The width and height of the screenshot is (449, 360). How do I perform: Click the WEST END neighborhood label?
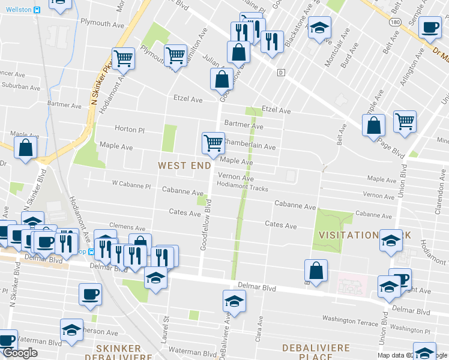click(x=184, y=165)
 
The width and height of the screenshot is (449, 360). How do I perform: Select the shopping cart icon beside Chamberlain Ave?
click(x=212, y=143)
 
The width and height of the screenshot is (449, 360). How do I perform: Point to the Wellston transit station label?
click(x=19, y=10)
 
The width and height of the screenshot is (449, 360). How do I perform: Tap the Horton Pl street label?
click(x=130, y=129)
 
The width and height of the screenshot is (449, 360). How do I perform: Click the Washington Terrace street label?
click(x=348, y=320)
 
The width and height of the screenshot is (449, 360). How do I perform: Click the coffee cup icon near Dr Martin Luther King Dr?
click(x=430, y=27)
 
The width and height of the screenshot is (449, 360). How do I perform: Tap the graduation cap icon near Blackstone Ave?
click(x=319, y=28)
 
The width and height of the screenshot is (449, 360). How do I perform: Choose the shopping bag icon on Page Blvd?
click(x=373, y=125)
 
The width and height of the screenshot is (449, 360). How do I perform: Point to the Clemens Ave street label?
click(x=127, y=229)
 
